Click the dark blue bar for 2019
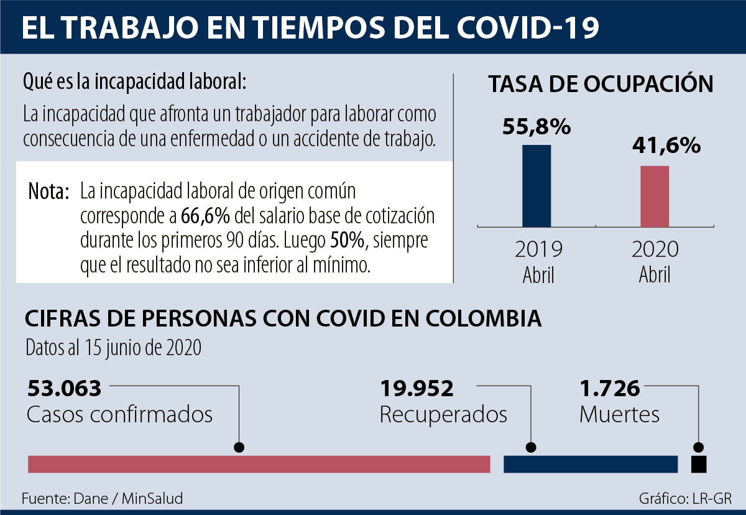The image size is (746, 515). click(536, 185)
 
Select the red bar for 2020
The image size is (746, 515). click(655, 196)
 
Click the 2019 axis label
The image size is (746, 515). click(538, 249)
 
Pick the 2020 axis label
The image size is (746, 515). click(655, 249)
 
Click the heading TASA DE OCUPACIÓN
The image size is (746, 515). click(601, 85)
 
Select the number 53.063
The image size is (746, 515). click(64, 389)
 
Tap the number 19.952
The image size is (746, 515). click(417, 389)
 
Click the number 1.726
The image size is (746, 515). click(609, 389)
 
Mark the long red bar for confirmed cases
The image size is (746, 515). click(259, 464)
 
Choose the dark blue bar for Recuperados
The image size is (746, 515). click(590, 464)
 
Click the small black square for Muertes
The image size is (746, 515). click(699, 464)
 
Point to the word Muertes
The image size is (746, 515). click(619, 415)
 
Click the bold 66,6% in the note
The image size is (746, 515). click(206, 216)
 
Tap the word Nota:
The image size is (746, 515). click(48, 192)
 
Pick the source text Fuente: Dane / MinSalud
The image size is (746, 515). click(103, 498)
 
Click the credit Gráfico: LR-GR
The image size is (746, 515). click(685, 498)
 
